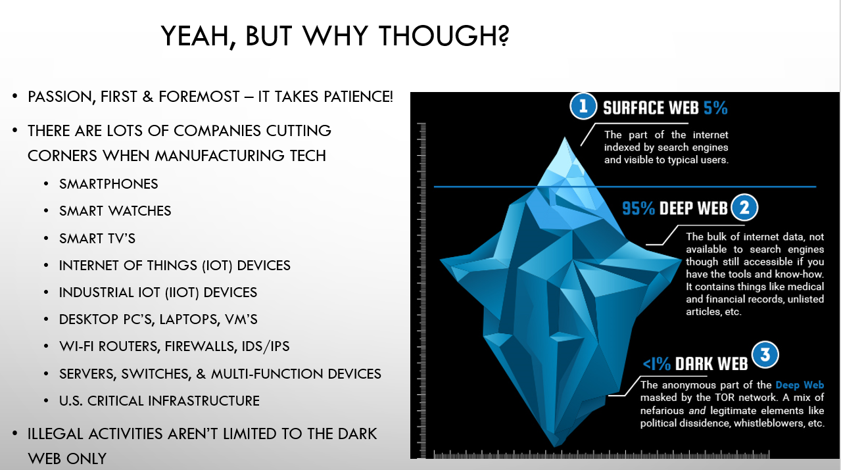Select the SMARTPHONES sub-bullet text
point(108,184)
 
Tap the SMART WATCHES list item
point(115,211)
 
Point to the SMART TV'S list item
point(97,239)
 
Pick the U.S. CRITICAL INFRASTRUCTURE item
point(159,401)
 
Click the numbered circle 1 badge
point(583,106)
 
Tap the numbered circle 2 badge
point(744,208)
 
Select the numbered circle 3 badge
point(765,355)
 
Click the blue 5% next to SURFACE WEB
point(715,108)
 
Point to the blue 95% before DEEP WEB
point(638,208)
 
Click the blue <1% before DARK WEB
point(657,364)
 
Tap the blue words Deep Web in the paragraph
point(800,385)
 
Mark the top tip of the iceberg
point(565,137)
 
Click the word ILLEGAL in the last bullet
point(56,434)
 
